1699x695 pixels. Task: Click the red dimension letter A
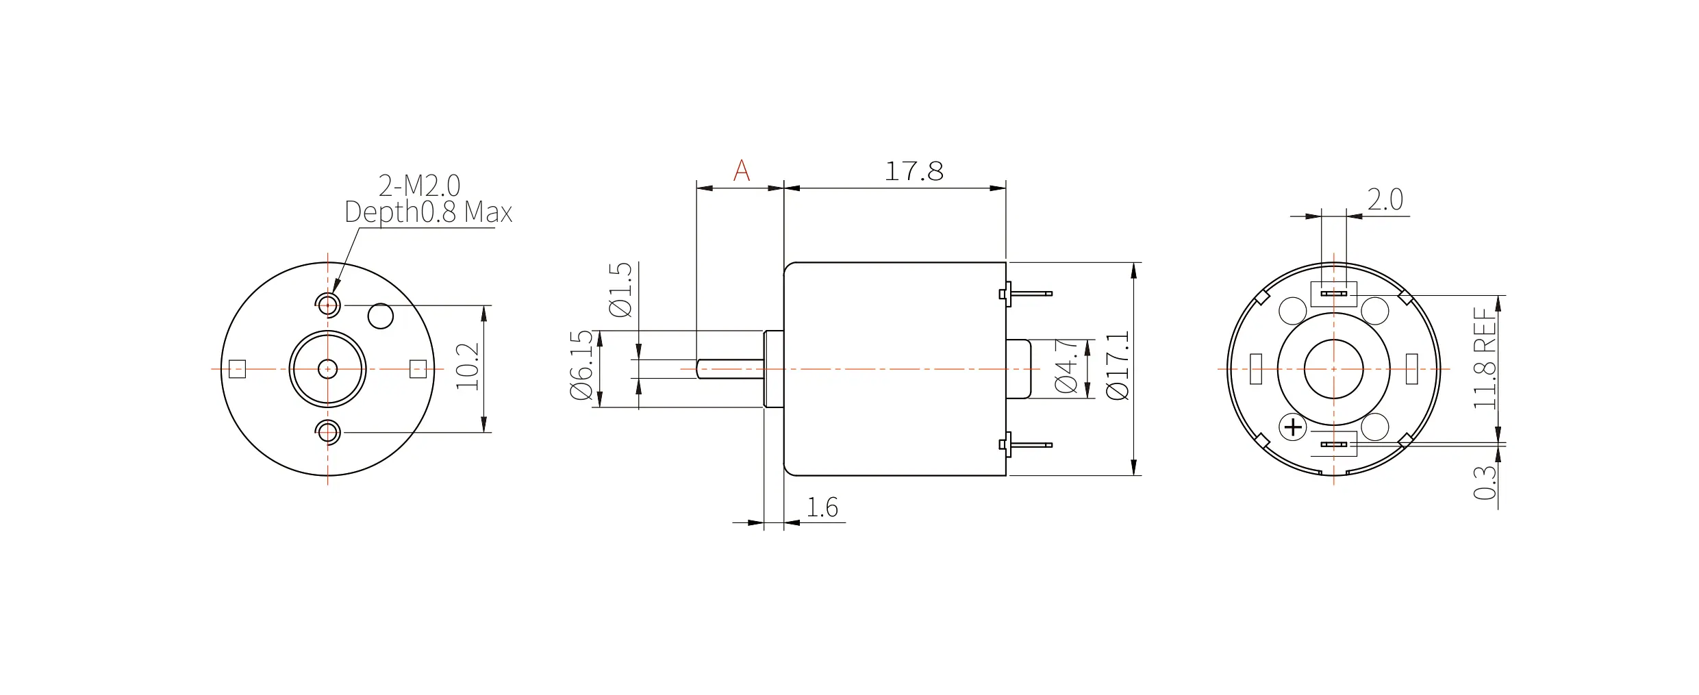point(741,170)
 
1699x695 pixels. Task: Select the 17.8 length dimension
point(914,171)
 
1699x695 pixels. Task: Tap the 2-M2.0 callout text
point(419,186)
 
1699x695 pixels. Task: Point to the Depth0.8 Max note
point(428,213)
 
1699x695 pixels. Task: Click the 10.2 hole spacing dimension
point(468,367)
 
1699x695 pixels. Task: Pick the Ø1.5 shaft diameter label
point(621,290)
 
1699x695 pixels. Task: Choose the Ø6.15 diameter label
point(581,366)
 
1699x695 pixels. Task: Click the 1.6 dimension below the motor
point(822,507)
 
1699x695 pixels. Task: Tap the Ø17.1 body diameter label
point(1118,366)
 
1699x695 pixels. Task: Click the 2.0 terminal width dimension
point(1385,200)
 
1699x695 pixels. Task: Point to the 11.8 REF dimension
point(1485,359)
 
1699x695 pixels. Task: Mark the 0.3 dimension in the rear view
point(1485,483)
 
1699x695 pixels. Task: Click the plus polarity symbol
point(1293,428)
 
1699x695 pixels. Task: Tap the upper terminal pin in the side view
point(1026,294)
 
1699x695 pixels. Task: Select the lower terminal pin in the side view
point(1026,445)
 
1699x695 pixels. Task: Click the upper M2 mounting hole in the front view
point(328,303)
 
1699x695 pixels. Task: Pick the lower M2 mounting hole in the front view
point(328,433)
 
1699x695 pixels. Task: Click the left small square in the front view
point(237,369)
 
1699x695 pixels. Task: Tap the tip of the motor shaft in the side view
point(696,369)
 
